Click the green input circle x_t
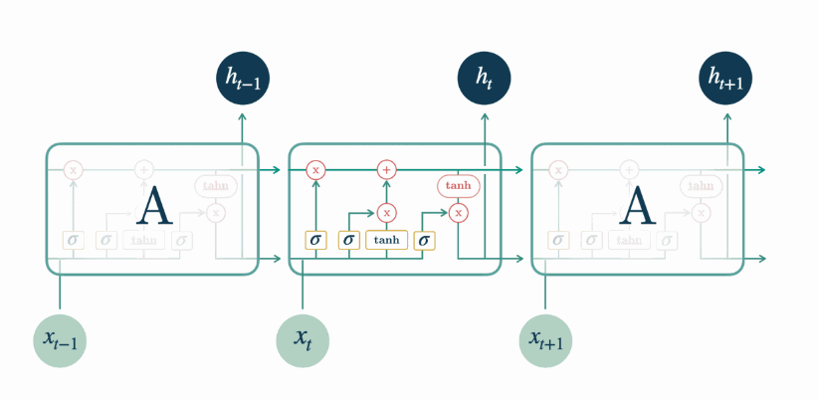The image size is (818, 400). [302, 339]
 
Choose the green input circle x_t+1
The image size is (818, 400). [544, 339]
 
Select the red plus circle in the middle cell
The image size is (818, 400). [387, 170]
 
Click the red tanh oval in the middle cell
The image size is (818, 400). [459, 186]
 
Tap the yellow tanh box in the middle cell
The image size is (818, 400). [387, 240]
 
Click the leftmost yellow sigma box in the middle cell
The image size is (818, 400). [315, 240]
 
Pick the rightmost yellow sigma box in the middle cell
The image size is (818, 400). [424, 240]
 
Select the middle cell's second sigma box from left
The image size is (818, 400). [348, 240]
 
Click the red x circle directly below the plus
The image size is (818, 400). [387, 212]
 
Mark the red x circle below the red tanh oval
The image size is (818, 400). [459, 212]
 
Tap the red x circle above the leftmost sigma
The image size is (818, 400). [315, 170]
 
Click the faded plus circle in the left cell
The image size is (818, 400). [144, 170]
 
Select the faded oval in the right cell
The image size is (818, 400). [702, 186]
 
